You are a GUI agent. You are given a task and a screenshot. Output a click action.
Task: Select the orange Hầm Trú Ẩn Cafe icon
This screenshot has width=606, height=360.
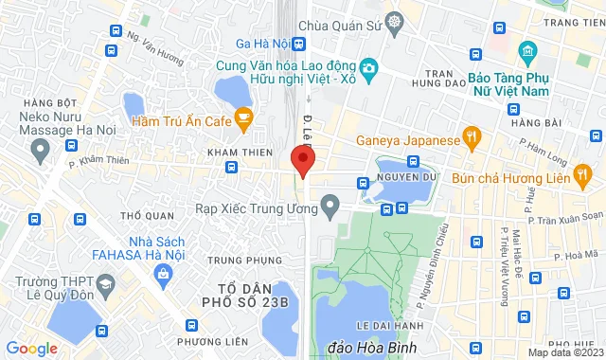click(244, 119)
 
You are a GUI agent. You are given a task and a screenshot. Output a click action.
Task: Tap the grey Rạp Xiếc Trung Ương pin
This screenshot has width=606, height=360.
click(330, 204)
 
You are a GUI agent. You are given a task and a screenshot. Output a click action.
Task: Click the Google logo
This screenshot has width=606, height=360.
click(31, 348)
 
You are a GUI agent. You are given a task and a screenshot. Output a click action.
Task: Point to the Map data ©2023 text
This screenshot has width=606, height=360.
click(565, 352)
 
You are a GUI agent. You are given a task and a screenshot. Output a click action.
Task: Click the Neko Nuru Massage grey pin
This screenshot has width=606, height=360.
click(40, 148)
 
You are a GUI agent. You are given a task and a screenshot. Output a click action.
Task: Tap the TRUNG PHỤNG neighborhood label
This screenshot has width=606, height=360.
click(244, 260)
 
